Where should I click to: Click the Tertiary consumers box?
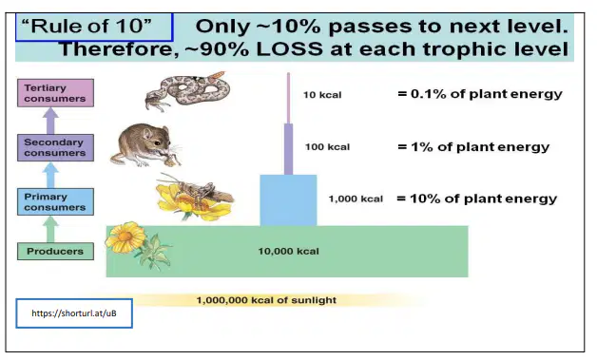point(55,93)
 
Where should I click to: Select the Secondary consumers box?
point(55,147)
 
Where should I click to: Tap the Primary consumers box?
point(55,201)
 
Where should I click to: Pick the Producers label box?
point(55,251)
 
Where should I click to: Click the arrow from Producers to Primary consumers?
point(50,229)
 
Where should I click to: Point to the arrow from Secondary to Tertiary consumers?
point(50,121)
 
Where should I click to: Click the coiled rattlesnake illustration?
point(187,90)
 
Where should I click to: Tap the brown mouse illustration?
point(145,145)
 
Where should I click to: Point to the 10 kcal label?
point(322,95)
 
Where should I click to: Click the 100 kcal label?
point(327,147)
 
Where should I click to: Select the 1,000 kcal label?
point(356,199)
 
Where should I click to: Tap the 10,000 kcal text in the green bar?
point(289,251)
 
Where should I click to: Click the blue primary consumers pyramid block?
point(288,200)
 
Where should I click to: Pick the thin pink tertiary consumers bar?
point(288,98)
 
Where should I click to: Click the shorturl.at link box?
point(74,313)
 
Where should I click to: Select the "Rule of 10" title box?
point(94,27)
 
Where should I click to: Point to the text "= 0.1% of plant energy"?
point(480,94)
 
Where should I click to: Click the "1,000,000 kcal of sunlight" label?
point(266,300)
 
